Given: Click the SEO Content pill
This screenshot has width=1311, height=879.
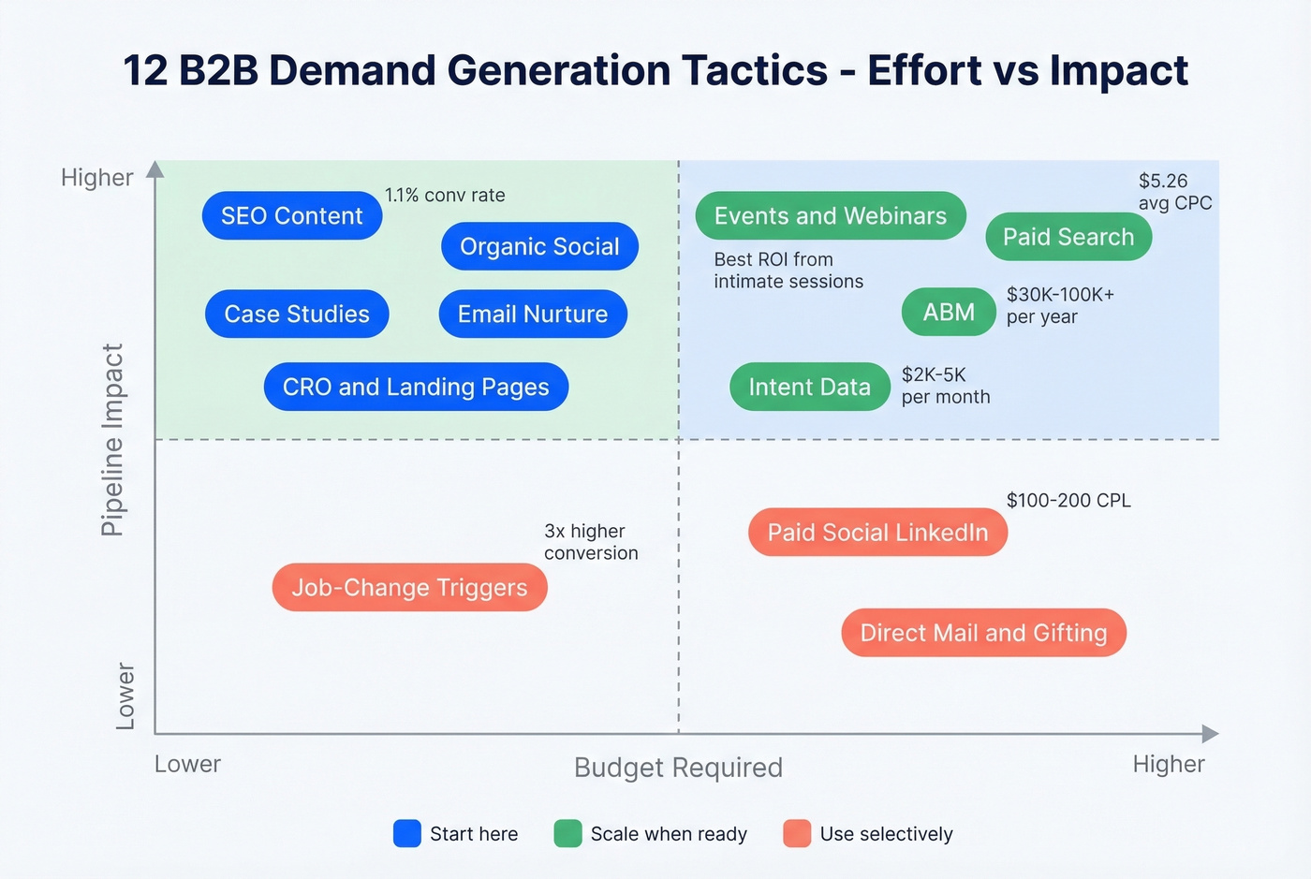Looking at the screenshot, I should [x=291, y=216].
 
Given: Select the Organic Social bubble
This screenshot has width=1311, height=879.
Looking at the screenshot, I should [x=539, y=246].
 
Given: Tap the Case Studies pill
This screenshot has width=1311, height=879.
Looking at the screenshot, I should [x=297, y=314].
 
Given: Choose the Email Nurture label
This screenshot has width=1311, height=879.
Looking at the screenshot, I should [x=533, y=314].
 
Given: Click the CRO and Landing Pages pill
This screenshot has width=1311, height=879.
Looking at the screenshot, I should [x=416, y=387].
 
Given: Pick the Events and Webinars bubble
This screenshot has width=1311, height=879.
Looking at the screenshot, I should [x=830, y=216].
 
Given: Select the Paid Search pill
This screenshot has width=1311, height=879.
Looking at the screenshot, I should [x=1068, y=237].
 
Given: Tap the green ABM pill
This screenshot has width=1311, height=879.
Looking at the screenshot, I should [x=949, y=312].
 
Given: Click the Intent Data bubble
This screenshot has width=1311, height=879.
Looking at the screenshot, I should [x=809, y=387].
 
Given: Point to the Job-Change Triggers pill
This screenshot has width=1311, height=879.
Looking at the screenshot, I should [x=409, y=587].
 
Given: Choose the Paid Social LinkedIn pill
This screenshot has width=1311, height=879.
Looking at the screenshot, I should [x=877, y=533].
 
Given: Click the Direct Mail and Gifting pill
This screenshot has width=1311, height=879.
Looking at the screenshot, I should [x=983, y=633].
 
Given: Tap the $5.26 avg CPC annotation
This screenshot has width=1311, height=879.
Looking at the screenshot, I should [x=1174, y=192].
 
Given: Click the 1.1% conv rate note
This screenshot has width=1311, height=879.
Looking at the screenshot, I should [x=445, y=195].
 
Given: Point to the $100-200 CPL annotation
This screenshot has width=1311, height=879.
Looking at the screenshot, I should [x=1068, y=501].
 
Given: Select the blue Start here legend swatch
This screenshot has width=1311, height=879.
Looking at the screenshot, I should [x=407, y=833].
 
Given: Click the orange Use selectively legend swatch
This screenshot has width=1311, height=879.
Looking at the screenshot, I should [x=797, y=833].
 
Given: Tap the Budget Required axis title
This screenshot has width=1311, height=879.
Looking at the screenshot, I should [x=678, y=768].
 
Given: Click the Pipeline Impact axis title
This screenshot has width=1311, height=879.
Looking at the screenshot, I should [x=112, y=440].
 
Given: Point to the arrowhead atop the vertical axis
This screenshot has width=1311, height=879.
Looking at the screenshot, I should [x=155, y=169].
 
